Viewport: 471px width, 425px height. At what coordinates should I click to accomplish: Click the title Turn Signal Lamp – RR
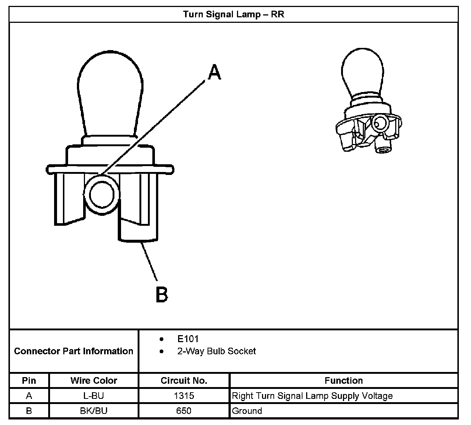pos(234,15)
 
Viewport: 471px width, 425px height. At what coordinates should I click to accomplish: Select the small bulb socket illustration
pos(368,103)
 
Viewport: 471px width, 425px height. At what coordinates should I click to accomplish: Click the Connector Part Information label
pos(74,351)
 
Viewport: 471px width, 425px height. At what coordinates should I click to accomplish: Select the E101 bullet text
pos(188,339)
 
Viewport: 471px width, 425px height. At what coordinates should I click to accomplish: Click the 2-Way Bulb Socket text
pos(216,351)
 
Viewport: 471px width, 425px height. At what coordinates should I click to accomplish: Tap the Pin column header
pos(29,380)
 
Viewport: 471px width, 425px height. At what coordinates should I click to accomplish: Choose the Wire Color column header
pos(94,380)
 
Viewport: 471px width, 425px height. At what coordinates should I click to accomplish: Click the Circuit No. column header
pos(184,380)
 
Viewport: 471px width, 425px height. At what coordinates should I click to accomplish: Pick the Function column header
pos(344,380)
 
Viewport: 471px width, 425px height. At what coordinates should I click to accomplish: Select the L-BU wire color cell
pos(94,396)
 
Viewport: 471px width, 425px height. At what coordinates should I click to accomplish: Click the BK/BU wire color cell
pos(94,411)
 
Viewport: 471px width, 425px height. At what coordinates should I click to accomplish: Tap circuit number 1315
pos(184,396)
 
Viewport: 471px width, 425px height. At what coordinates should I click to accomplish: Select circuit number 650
pos(184,411)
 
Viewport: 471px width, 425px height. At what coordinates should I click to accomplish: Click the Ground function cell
pos(247,411)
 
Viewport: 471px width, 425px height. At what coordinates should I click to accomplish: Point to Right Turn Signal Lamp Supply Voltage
pos(312,396)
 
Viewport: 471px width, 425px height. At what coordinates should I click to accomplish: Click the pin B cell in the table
pos(29,411)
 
